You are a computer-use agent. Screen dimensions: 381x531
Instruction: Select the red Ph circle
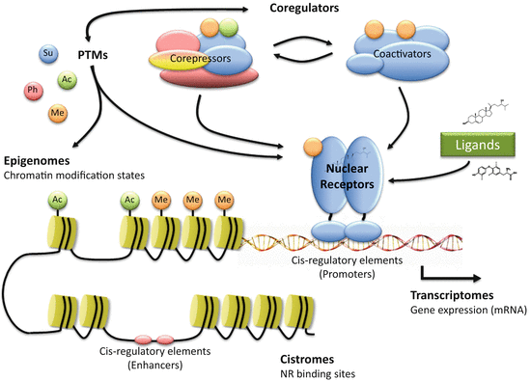(x=32, y=92)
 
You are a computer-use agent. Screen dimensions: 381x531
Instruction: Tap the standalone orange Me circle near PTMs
(x=57, y=113)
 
